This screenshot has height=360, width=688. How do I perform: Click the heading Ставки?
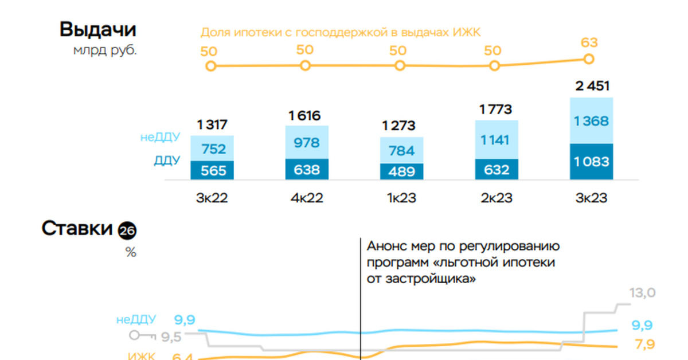76,229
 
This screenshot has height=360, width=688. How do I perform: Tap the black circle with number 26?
127,231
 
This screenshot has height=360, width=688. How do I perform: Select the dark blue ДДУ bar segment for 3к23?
591,162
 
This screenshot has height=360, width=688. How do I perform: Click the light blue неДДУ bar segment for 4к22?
307,143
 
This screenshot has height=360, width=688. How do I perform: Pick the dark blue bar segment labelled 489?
401,171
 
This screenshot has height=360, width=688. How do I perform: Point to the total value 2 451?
591,87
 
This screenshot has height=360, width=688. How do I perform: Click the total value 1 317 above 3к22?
212,124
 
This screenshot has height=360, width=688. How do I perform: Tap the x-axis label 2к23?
497,198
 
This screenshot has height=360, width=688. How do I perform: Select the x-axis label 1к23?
401,198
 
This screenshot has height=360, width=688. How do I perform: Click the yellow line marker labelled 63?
588,59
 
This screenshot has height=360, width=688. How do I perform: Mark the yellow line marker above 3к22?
211,66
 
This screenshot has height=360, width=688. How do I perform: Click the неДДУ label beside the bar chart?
160,138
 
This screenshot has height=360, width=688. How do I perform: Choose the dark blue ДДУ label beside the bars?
167,161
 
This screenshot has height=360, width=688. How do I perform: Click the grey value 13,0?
642,294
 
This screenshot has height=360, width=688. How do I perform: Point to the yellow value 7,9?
643,345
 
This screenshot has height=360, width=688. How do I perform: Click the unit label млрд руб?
105,50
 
